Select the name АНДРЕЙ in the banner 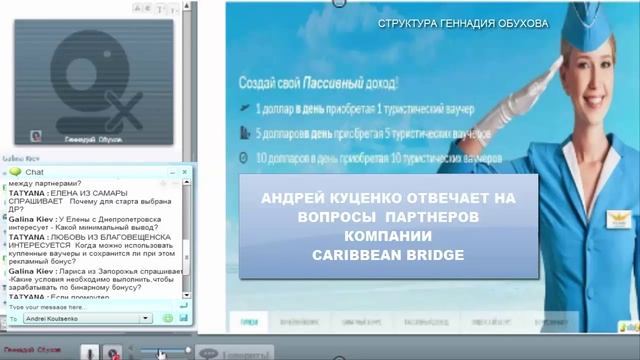(293, 198)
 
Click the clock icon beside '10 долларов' (246, 156)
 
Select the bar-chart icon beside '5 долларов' (246, 132)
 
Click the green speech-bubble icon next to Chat (15, 172)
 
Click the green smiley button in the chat (168, 318)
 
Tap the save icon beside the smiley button (183, 318)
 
